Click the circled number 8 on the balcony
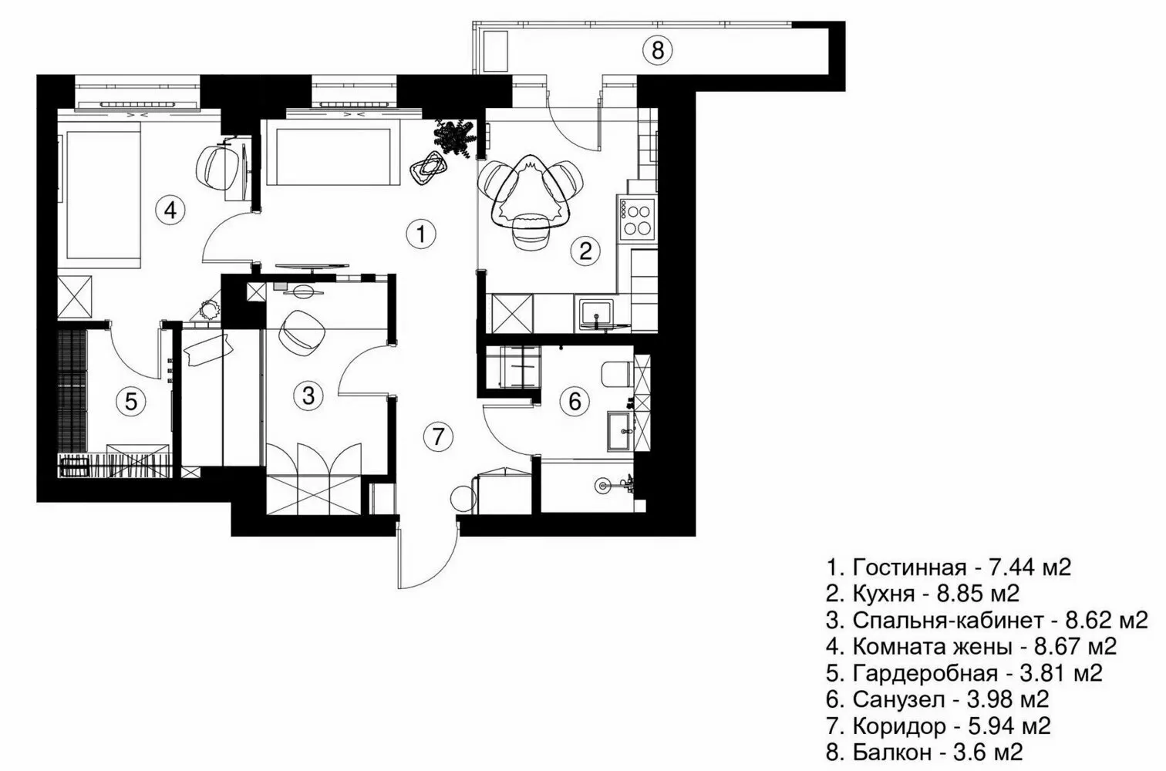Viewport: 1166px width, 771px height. tap(657, 51)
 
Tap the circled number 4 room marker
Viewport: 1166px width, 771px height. tap(170, 210)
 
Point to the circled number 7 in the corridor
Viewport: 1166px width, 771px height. tap(438, 437)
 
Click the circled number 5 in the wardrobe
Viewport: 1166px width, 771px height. tap(131, 402)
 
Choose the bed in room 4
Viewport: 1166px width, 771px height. tap(103, 198)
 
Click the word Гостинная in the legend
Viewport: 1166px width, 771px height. tap(909, 568)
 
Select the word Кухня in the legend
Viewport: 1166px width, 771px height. tap(884, 594)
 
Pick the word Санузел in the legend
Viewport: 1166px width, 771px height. tap(898, 700)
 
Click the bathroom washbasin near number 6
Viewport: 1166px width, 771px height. tap(620, 432)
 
